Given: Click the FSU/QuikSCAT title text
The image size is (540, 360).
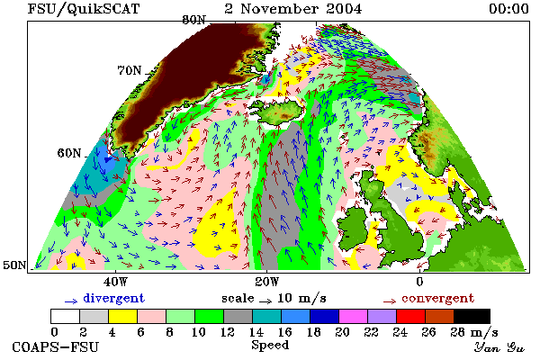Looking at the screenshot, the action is [84, 9].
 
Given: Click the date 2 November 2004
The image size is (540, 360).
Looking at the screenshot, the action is [293, 9].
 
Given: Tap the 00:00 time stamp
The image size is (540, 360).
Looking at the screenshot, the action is [508, 9].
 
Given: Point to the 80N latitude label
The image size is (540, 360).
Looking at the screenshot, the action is [193, 20].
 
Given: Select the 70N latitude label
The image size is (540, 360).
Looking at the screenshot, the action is [130, 70].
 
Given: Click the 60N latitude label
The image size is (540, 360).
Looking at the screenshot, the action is [69, 153].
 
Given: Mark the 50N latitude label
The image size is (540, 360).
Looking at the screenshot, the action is [14, 265].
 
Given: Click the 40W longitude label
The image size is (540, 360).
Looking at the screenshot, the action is [115, 282].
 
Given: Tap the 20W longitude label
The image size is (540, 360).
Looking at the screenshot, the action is [267, 282].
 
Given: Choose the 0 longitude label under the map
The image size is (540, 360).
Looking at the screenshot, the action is [419, 282].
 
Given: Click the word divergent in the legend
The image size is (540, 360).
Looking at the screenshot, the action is [113, 298].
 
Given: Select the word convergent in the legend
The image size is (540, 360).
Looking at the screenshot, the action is [437, 298].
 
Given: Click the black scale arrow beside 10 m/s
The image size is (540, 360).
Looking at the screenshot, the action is [265, 301].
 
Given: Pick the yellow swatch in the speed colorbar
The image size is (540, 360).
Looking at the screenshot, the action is [122, 316].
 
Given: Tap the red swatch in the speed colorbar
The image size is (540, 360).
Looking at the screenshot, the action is [410, 316].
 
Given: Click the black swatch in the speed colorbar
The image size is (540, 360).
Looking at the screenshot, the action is [472, 316].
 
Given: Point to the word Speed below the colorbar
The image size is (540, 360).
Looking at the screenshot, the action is [270, 346].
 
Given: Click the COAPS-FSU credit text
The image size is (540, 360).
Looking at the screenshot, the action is [55, 346].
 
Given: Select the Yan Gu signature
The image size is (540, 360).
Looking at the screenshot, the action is [499, 347].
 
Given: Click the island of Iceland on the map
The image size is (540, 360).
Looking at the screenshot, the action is [280, 111].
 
